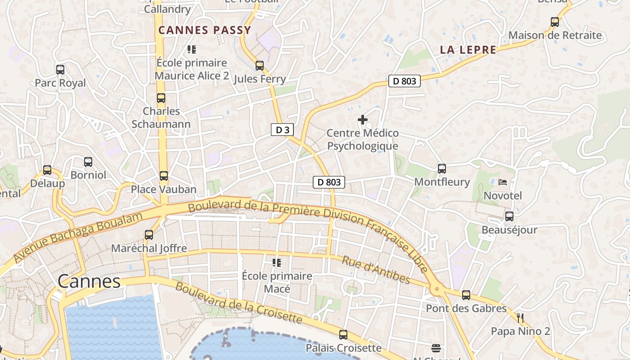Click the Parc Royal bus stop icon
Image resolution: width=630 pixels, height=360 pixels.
60,70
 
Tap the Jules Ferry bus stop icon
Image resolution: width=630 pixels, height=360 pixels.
260,66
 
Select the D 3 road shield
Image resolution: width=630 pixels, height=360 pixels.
282,130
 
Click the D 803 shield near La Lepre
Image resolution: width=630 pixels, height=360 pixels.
404,81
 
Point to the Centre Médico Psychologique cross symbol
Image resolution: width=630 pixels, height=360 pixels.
363,120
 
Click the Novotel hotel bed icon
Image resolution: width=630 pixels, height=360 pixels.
503,182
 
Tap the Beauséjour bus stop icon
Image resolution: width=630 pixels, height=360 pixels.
509,216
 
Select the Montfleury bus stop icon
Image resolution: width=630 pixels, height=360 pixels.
442,169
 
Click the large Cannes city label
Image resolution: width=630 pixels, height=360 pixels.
89,282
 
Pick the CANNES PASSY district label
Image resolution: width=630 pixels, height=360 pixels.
205,31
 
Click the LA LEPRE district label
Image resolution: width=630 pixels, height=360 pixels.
468,50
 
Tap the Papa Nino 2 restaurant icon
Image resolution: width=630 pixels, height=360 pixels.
520,318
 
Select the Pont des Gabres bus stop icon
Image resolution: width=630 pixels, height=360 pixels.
466,295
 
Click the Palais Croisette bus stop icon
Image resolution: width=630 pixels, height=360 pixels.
343,335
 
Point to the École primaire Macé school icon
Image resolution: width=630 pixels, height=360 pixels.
277,262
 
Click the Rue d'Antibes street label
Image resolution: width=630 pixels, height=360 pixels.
376,270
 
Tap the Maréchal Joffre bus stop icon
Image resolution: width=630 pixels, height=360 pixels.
149,235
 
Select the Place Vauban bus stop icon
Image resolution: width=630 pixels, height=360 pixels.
164,176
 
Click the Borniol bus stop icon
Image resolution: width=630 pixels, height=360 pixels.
88,162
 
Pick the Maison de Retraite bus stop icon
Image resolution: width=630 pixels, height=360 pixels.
555,22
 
